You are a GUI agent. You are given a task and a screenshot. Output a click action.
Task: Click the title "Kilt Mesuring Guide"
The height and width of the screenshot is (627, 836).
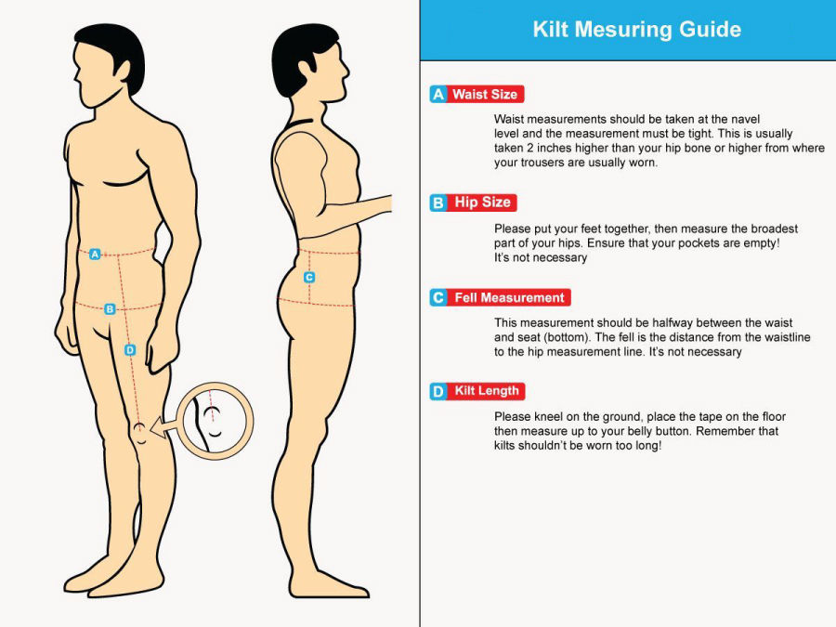(636, 30)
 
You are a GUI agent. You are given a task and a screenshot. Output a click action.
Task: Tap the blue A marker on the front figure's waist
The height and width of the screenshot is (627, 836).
(95, 255)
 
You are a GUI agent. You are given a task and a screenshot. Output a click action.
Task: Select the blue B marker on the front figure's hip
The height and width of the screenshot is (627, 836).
(110, 308)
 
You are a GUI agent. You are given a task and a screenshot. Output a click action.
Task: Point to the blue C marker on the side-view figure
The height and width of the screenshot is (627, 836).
(309, 277)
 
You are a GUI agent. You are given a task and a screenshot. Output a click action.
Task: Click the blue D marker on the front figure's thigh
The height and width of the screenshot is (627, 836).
(130, 350)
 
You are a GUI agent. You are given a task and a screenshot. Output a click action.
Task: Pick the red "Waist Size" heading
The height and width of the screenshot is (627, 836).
(485, 95)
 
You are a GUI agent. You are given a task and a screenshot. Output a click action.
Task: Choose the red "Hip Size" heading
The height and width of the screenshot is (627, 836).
(482, 202)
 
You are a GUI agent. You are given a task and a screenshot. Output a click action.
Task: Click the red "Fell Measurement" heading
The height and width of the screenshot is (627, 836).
(509, 297)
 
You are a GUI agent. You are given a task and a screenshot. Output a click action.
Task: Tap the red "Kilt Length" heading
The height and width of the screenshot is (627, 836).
(486, 391)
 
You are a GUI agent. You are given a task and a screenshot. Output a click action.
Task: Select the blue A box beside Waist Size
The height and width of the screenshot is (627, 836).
(438, 95)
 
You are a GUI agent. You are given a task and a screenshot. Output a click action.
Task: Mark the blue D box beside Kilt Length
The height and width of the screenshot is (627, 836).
(438, 391)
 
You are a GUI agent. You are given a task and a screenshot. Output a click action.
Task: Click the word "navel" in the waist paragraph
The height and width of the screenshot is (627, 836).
(745, 119)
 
